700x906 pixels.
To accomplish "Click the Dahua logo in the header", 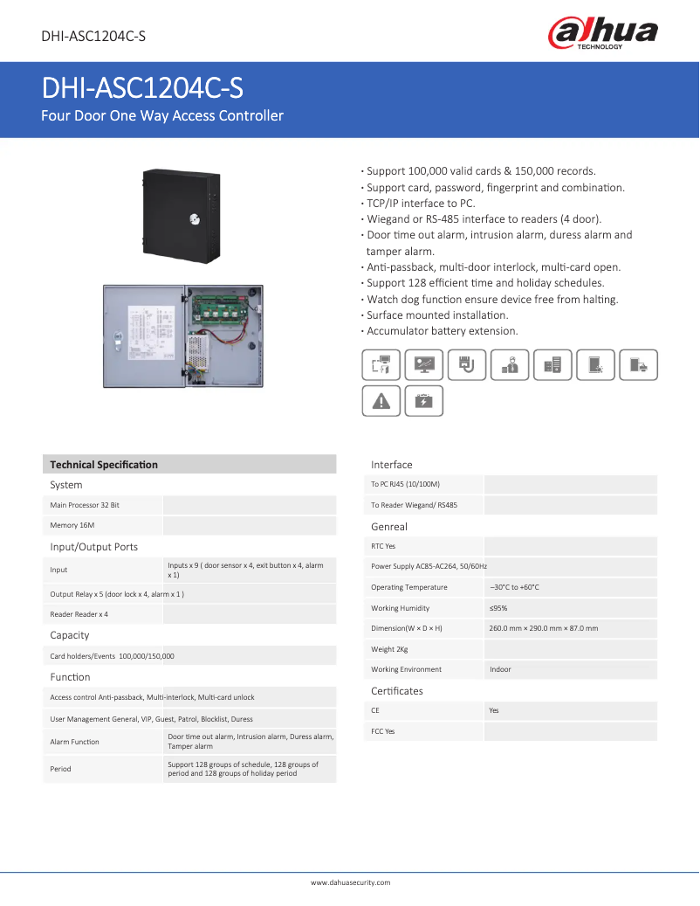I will point(602,34).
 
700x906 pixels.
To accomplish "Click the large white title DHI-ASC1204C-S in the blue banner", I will point(142,89).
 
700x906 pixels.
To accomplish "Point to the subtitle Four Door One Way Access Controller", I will point(162,115).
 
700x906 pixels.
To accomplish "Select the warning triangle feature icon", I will point(381,401).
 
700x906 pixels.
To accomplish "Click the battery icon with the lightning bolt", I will point(424,401).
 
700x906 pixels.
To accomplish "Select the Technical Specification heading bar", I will point(189,465).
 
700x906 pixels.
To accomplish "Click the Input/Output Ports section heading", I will point(94,547).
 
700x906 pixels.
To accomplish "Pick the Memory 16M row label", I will point(72,525).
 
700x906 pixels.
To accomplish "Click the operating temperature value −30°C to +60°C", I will point(514,587).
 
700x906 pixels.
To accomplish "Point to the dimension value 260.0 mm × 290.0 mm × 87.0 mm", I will point(544,628).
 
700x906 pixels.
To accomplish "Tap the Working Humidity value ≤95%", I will point(498,608).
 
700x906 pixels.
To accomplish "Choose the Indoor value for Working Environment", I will point(500,669).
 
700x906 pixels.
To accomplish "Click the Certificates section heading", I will point(397,691).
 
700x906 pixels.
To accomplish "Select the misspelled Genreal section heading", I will point(389,527).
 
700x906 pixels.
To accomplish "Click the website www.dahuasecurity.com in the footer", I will point(350,882).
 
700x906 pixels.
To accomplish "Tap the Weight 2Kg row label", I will point(389,649).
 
